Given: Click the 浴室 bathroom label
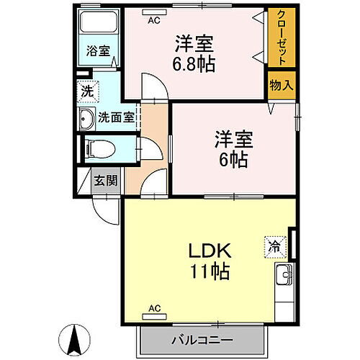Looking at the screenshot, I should point(99,51).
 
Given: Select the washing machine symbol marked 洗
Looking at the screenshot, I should point(86,92).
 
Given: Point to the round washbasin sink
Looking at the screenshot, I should point(86,119).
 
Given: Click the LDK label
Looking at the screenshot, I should point(209,252).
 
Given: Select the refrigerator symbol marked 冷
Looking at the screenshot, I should point(274,245).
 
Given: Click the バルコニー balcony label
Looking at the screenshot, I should point(201,338).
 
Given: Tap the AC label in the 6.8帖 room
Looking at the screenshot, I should point(153,20).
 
